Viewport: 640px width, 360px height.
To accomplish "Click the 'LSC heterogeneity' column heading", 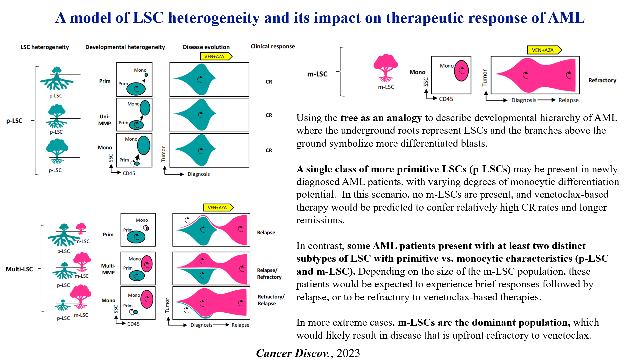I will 45,47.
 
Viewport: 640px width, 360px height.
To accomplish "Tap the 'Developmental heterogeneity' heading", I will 125,47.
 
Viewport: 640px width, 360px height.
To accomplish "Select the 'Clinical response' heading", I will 273,46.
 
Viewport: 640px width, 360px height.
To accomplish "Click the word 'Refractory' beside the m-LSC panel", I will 602,80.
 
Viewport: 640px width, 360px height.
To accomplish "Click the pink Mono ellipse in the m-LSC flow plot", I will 461,71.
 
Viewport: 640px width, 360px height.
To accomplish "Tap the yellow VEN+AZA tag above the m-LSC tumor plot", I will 543,50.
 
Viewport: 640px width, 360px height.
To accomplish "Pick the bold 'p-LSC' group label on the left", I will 14,121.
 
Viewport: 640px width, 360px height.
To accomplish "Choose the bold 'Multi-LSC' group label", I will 19,269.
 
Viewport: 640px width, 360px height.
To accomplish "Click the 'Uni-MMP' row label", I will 105,120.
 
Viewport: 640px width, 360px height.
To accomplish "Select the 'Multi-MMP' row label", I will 108,269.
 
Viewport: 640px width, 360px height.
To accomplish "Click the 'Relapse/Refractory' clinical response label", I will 269,273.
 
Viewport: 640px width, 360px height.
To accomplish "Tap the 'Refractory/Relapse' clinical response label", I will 271,300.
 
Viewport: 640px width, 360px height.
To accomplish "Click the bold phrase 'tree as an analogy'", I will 381,118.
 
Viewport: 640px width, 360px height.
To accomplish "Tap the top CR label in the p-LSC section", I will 269,82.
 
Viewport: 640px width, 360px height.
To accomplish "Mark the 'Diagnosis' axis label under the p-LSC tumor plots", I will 199,174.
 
